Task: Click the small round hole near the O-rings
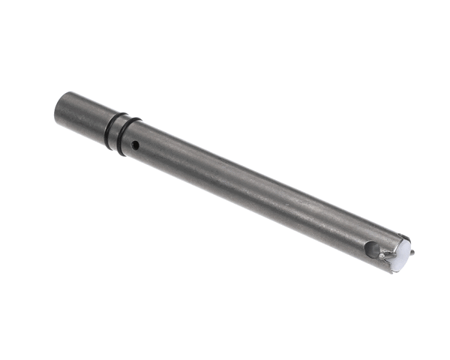(x=135, y=144)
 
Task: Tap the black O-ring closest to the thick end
(x=110, y=129)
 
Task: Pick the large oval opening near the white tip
(x=371, y=248)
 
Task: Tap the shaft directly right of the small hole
(x=147, y=148)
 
